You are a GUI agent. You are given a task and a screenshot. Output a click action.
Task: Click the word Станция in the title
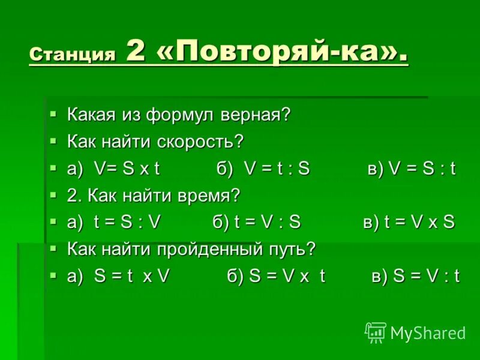pyautogui.click(x=72, y=55)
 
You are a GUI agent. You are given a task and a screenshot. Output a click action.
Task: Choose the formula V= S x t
pyautogui.click(x=127, y=169)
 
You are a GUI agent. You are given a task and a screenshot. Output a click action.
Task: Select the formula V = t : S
pyautogui.click(x=277, y=169)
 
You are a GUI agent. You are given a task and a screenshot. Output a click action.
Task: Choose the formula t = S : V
pyautogui.click(x=127, y=223)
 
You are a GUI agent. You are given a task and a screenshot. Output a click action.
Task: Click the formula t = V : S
pyautogui.click(x=267, y=223)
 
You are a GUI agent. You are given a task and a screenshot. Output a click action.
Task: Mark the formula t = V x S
pyautogui.click(x=419, y=223)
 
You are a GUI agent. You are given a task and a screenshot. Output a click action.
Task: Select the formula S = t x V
pyautogui.click(x=132, y=276)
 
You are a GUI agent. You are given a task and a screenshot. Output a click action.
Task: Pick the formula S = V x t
pyautogui.click(x=287, y=276)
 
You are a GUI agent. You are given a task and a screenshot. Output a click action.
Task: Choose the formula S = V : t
pyautogui.click(x=426, y=276)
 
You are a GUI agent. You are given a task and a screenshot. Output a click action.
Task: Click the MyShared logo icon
pyautogui.click(x=375, y=332)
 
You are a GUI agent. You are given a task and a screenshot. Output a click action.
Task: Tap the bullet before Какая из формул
pyautogui.click(x=53, y=113)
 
